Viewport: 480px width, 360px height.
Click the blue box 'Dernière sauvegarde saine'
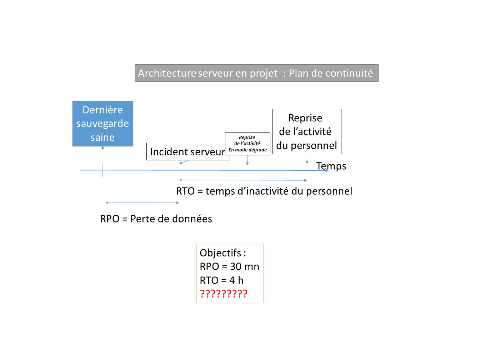pos(103,124)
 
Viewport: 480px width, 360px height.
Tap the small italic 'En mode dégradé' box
pos(247,144)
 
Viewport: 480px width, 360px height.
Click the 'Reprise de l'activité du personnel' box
pos(307,131)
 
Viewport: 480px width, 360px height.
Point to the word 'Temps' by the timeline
pos(331,166)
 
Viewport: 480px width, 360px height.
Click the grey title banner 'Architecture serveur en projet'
pos(256,73)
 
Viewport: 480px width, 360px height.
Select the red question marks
pos(224,294)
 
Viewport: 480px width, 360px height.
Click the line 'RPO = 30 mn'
pos(229,266)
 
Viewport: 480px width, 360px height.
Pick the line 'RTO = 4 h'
pos(221,280)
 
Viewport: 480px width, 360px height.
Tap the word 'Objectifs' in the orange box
pos(220,253)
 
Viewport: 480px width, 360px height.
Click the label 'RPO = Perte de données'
pos(156,219)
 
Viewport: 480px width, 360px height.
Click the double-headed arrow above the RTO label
pos(243,180)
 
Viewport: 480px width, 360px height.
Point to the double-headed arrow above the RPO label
pos(142,203)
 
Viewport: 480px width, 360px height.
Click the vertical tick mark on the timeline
pos(102,170)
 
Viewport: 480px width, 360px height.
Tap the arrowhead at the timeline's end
pos(327,170)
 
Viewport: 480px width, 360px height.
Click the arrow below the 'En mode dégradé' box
pos(247,160)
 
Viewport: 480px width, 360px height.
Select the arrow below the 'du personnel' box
pos(307,159)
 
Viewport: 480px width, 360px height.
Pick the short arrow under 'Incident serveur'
pos(184,162)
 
